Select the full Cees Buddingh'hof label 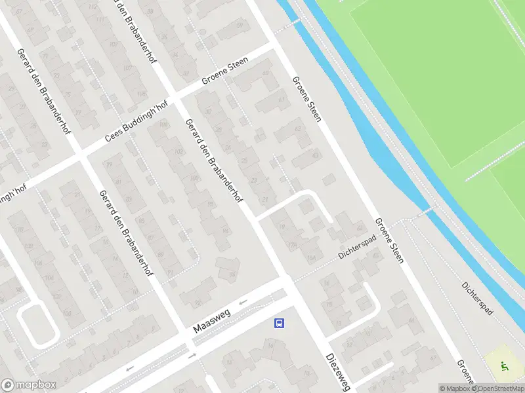(137, 122)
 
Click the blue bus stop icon (279, 323)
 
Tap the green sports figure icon (503, 367)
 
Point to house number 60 (266, 73)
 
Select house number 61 (282, 100)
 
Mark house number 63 (315, 155)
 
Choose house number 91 (171, 272)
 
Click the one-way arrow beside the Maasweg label (243, 302)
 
